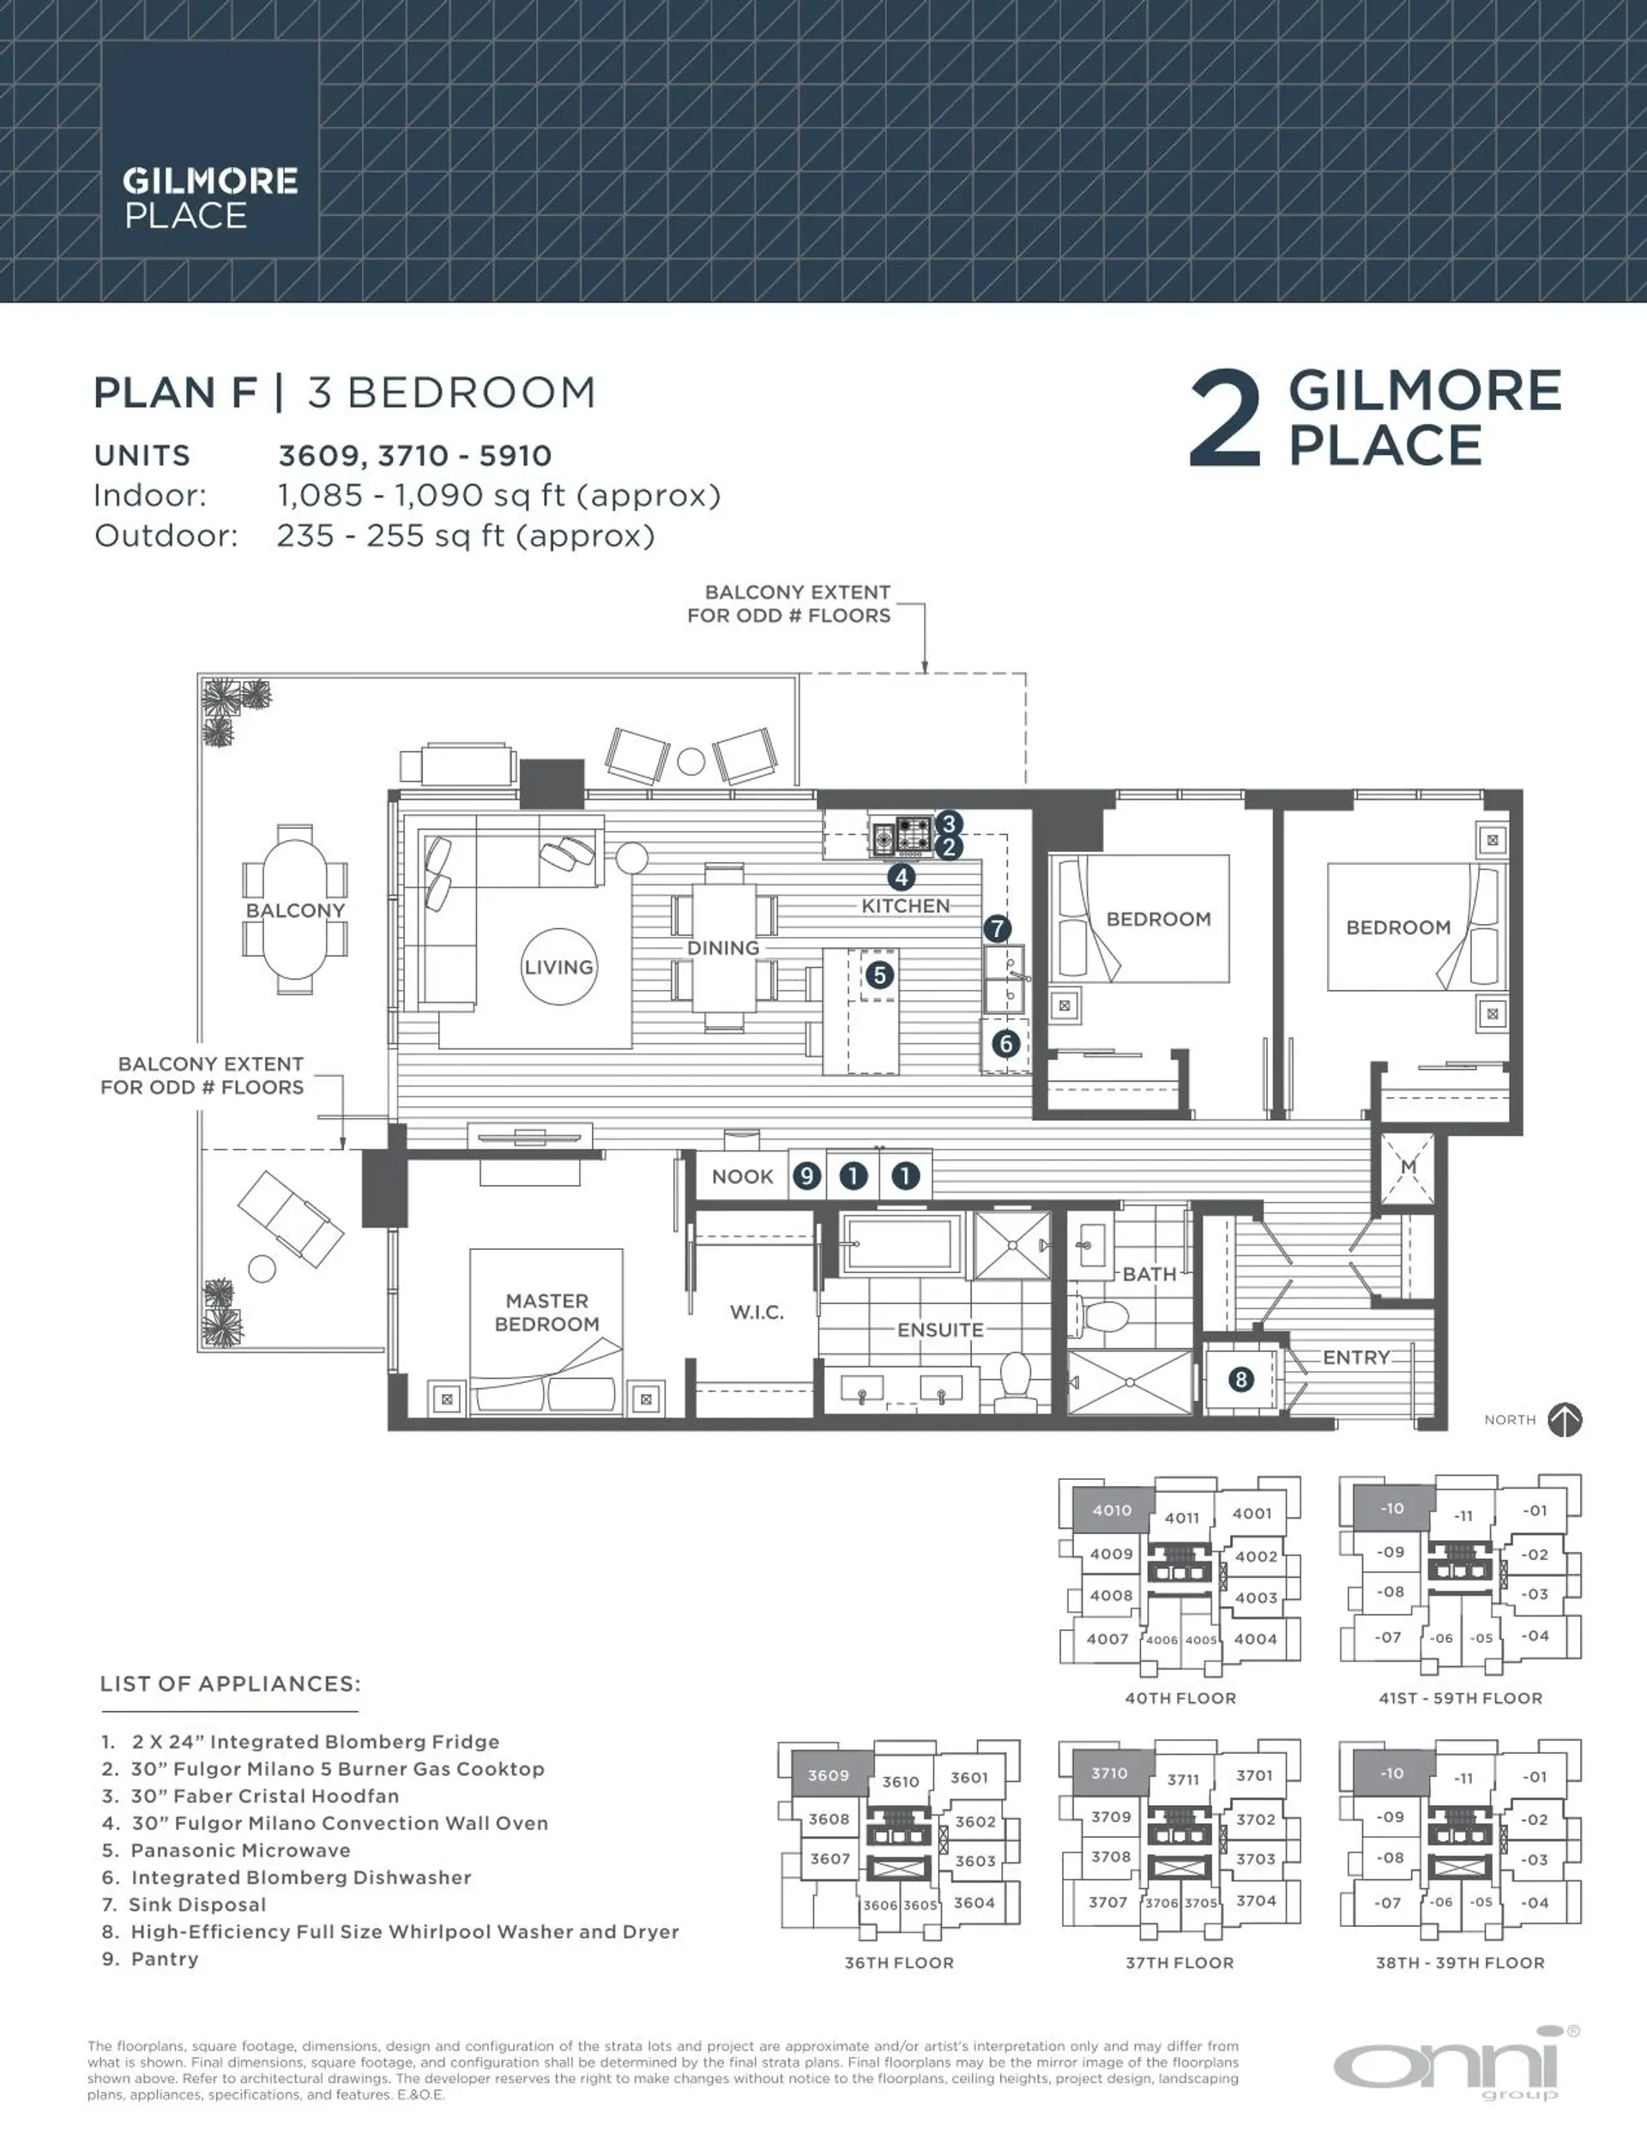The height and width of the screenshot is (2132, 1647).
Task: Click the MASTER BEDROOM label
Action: point(546,1312)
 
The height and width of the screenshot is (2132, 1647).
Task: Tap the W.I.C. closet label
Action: point(757,1312)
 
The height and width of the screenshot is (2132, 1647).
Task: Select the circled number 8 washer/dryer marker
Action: point(1241,1380)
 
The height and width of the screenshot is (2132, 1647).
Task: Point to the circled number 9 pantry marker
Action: point(806,1176)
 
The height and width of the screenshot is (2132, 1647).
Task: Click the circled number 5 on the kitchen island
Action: point(879,975)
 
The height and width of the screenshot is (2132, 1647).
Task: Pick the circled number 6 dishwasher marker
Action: point(1006,1043)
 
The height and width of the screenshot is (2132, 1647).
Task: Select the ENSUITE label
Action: point(940,1330)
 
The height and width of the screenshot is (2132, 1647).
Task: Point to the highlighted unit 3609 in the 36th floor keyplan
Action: point(828,1775)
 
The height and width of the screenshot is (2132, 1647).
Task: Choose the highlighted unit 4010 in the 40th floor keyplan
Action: point(1112,1509)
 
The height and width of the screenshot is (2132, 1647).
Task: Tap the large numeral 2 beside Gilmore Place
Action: point(1225,420)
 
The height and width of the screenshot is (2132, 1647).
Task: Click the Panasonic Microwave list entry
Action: point(240,1850)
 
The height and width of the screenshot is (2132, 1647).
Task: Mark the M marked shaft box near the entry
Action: point(1408,1168)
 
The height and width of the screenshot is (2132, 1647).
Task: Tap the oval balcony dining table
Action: point(295,909)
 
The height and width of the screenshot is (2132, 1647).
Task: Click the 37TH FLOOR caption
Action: point(1179,1962)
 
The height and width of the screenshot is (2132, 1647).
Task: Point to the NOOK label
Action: point(742,1176)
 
